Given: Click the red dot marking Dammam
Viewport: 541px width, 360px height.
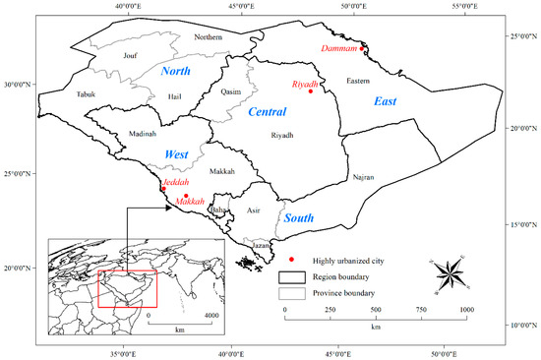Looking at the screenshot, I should [362, 48].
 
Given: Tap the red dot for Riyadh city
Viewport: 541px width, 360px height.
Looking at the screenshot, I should [311, 91].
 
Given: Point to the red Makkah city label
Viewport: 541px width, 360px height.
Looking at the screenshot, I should [190, 202].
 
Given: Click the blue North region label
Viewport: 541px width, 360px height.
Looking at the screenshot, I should [175, 71].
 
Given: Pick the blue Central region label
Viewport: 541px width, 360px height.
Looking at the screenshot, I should [267, 111].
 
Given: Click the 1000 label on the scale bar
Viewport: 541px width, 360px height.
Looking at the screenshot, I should [465, 311].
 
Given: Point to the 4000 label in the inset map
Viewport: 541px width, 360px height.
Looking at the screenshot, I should [210, 316].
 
